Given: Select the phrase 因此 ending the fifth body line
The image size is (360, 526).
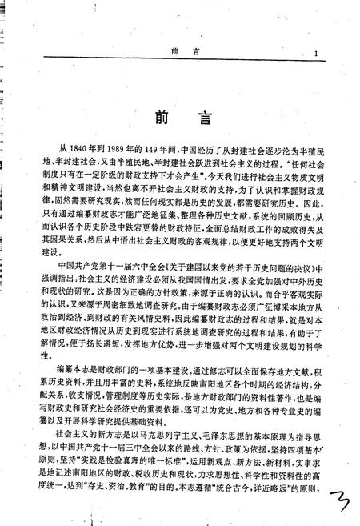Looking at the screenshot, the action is tap(314, 216).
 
